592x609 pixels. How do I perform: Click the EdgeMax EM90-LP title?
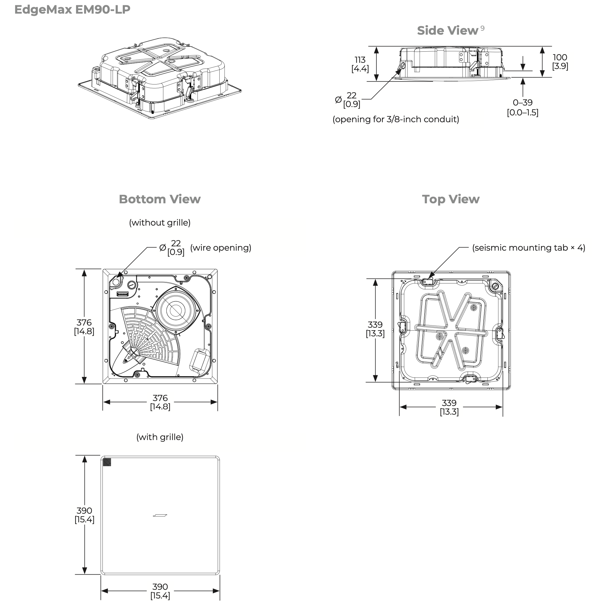point(72,10)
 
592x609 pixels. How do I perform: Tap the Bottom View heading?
point(160,199)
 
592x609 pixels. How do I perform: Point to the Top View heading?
point(451,199)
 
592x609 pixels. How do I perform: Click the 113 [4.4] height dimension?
point(360,64)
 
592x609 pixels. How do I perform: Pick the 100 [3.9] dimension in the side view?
point(560,62)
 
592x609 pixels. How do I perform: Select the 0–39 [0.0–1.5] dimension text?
point(523,107)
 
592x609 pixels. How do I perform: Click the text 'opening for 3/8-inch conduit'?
point(396,119)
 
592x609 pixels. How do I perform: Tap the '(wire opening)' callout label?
point(221,248)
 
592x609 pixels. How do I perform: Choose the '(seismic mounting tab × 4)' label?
point(529,248)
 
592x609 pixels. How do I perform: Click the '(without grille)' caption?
point(160,223)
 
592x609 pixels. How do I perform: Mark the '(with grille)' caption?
point(160,437)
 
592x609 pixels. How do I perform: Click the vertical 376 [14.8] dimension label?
point(84,326)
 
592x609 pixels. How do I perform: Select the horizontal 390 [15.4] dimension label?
point(160,591)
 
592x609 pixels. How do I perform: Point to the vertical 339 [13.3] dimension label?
point(375,329)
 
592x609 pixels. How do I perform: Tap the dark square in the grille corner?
point(107,462)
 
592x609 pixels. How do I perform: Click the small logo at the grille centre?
point(160,515)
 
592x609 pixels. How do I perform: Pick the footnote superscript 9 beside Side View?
point(482,28)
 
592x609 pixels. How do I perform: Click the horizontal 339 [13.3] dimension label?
point(449,407)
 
